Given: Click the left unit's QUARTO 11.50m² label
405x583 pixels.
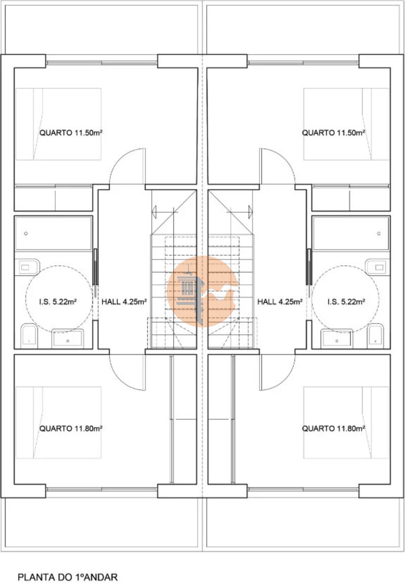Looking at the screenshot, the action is [x=71, y=133].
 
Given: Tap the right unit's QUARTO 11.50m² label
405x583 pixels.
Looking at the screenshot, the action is [x=333, y=133].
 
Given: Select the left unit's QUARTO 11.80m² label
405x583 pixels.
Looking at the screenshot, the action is [x=71, y=429].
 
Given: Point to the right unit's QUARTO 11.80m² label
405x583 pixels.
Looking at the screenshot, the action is [x=333, y=429].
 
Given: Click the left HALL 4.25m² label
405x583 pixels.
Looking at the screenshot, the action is [x=124, y=302].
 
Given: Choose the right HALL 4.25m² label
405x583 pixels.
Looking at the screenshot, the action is [x=279, y=302].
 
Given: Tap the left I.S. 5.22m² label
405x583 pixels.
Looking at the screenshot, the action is [x=58, y=302].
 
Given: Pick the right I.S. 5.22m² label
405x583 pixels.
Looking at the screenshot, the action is [x=346, y=302].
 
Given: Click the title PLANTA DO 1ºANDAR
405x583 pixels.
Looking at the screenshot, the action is [x=68, y=577].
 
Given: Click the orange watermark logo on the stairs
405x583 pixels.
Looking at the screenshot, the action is [x=202, y=291].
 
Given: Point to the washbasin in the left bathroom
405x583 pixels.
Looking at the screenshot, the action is [x=67, y=339].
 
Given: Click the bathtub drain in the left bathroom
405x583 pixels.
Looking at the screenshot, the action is [x=26, y=233].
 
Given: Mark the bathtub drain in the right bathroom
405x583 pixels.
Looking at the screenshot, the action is [x=379, y=233].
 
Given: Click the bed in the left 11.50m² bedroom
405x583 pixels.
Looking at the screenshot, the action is [x=58, y=124].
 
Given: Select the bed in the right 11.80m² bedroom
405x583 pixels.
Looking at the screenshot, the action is [x=346, y=423].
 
